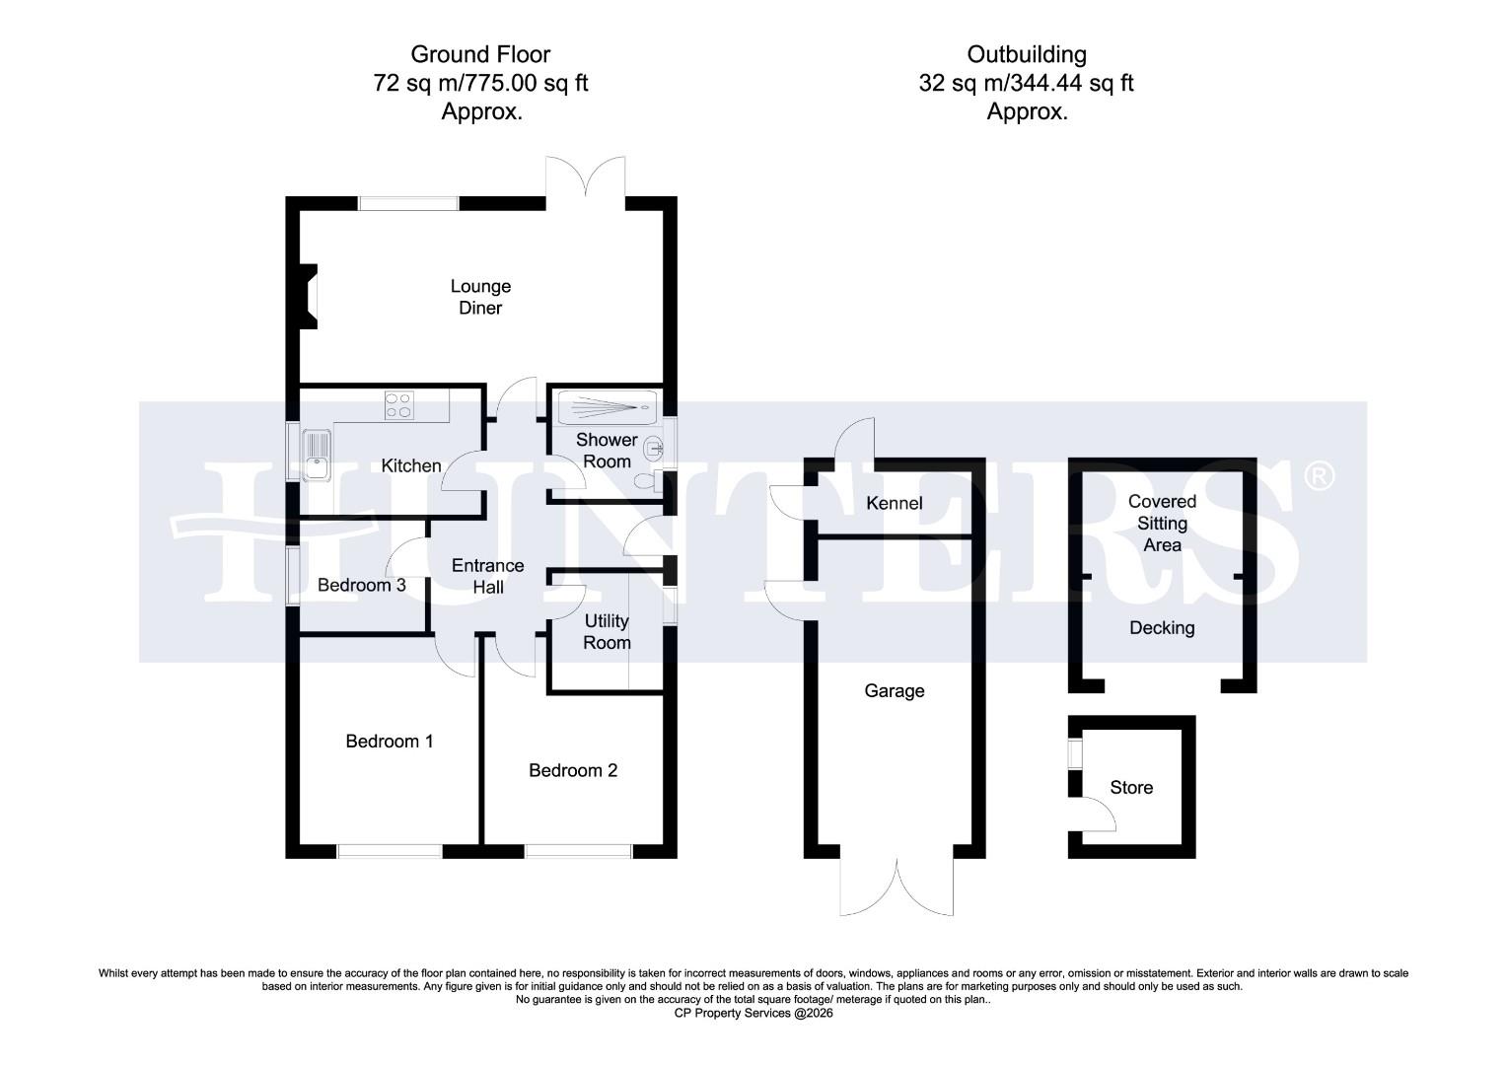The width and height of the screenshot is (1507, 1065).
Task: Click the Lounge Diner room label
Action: (x=480, y=297)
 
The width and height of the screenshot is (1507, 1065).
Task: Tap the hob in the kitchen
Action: (x=398, y=405)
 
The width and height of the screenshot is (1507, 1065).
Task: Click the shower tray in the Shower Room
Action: (x=602, y=408)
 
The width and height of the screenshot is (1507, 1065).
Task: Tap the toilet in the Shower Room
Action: (x=645, y=480)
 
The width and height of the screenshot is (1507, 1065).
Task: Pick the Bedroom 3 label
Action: (x=361, y=585)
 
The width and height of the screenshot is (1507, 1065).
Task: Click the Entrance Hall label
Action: (x=487, y=576)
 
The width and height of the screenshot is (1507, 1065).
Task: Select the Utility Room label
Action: (x=607, y=631)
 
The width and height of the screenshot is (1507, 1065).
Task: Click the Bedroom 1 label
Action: (x=389, y=741)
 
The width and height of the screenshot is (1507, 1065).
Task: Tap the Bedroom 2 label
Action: (x=573, y=770)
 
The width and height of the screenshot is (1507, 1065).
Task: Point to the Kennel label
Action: (x=894, y=503)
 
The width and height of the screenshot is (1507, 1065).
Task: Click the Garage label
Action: (x=895, y=690)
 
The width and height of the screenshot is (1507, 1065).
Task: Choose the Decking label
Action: (x=1161, y=627)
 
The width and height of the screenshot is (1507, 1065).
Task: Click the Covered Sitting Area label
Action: (x=1162, y=523)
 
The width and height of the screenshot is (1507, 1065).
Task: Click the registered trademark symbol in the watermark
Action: (x=1318, y=477)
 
